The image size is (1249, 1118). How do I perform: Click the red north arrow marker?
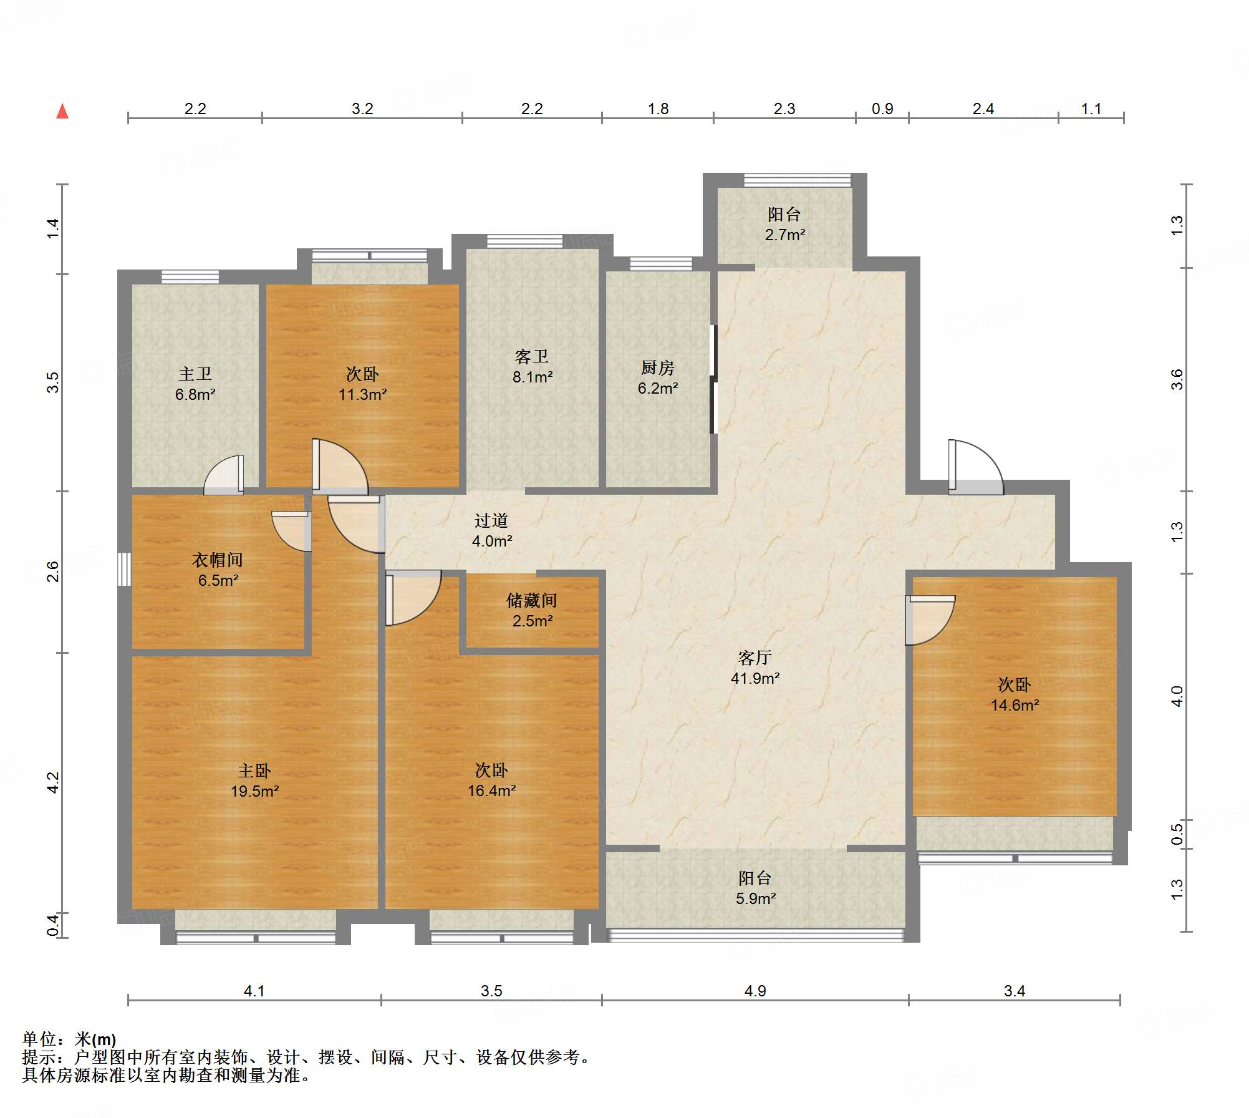coord(62,112)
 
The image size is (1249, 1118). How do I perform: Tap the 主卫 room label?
coord(195,374)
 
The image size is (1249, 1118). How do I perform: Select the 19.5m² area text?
coord(254,791)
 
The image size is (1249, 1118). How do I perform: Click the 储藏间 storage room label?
coord(531,600)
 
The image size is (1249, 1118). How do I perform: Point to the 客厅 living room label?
coord(755,658)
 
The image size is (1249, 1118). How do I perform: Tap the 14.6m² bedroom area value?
coord(1015,705)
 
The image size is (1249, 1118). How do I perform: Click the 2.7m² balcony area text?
coord(784,235)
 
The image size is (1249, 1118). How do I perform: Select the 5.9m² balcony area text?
coord(755,898)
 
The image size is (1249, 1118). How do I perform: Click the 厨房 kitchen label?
coord(657,367)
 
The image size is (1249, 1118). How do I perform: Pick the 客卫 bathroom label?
coord(532,356)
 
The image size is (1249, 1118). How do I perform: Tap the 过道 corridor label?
coord(491,520)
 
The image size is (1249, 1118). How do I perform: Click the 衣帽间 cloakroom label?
coord(217,560)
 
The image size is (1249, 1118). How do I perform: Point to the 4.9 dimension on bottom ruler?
coord(755,991)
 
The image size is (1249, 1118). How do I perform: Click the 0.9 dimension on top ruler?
coord(882,109)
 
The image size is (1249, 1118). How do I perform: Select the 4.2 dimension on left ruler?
coord(54,782)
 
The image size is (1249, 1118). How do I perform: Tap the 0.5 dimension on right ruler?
coord(1177,834)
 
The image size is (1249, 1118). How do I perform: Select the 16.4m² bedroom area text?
coord(491,790)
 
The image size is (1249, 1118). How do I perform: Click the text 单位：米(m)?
coord(69,1039)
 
